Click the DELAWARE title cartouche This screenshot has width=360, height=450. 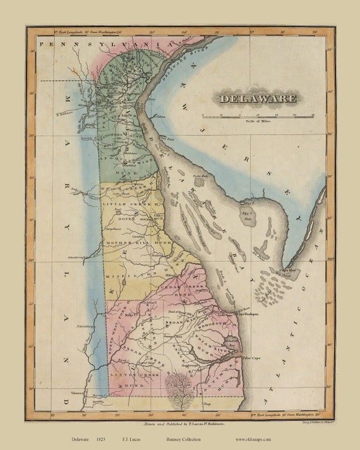tap(257, 98)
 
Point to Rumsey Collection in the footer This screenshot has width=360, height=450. tap(186, 439)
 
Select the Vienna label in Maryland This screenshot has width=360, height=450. tap(76, 391)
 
